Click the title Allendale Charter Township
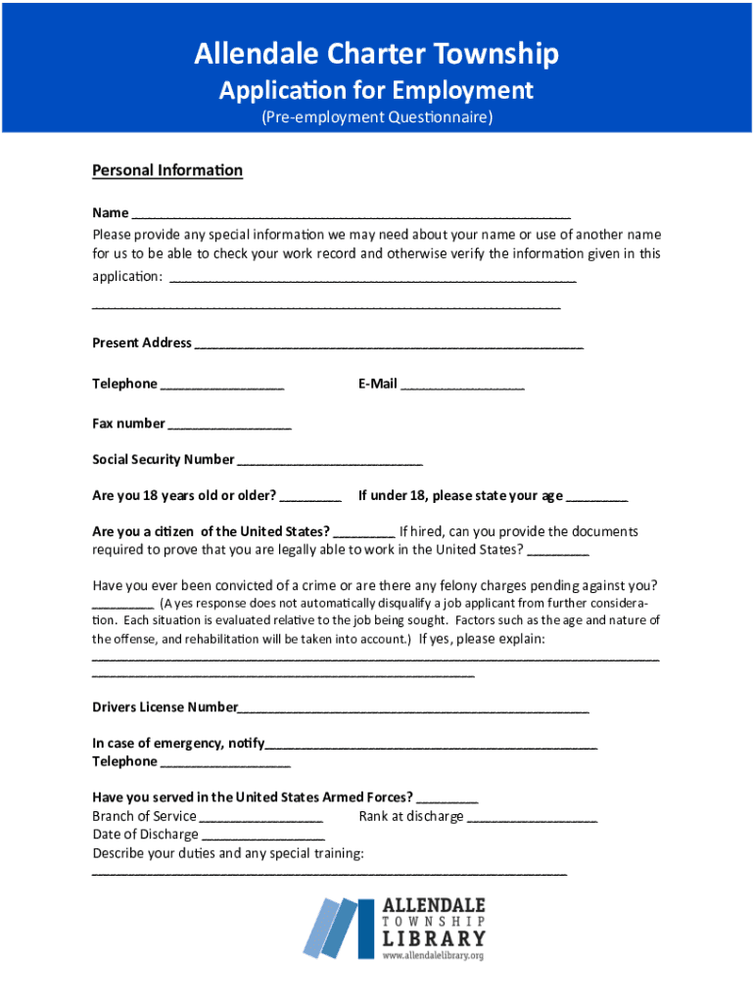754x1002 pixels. coord(376,53)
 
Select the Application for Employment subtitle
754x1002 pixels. coord(376,91)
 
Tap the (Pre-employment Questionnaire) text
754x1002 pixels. coord(376,117)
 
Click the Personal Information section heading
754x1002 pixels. coord(167,170)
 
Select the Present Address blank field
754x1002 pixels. coord(389,344)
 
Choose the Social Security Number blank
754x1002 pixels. coord(330,461)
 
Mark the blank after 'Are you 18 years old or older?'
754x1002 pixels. coord(310,497)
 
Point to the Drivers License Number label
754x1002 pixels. coord(165,706)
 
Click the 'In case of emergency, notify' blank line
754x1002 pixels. coord(431,745)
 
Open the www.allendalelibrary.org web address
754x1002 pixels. coord(433,955)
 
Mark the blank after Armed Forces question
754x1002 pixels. coord(448,798)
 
